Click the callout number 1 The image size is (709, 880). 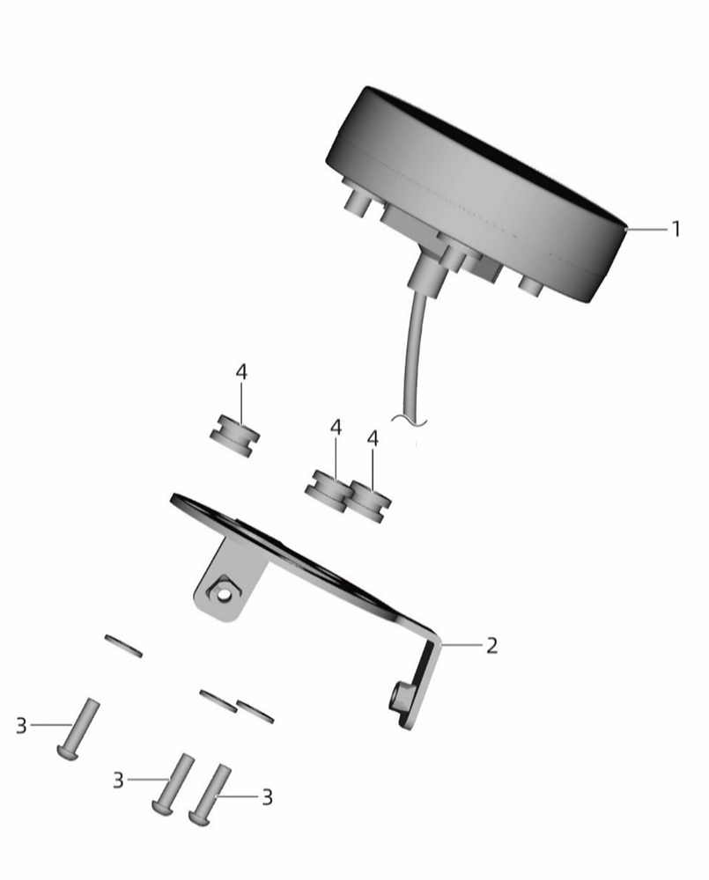coord(676,229)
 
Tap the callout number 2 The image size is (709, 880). coord(491,646)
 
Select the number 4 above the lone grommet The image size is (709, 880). coord(241,371)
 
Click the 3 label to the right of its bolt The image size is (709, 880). coord(268,797)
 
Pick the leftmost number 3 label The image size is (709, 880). coord(21,725)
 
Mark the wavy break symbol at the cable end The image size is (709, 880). coord(411,419)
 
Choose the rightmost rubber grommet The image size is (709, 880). coord(370,501)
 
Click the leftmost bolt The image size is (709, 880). coord(78,729)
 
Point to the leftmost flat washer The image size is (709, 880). coord(123,645)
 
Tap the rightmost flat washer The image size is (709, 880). coord(255,711)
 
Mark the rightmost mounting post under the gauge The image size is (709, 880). coord(531,285)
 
